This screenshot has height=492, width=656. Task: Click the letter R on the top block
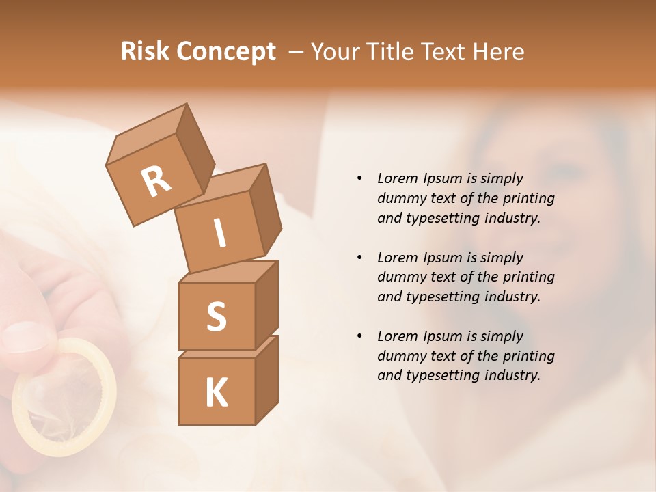(x=156, y=182)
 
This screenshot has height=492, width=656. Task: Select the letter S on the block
(x=216, y=316)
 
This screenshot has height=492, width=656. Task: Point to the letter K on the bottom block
(x=216, y=393)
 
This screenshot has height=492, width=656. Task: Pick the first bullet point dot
(x=359, y=178)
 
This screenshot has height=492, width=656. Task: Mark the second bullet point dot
(x=359, y=258)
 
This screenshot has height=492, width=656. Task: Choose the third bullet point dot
(x=359, y=336)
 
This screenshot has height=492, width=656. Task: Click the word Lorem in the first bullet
(x=398, y=178)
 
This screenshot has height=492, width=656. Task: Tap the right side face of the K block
(x=266, y=379)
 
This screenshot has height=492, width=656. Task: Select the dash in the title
(x=297, y=51)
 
